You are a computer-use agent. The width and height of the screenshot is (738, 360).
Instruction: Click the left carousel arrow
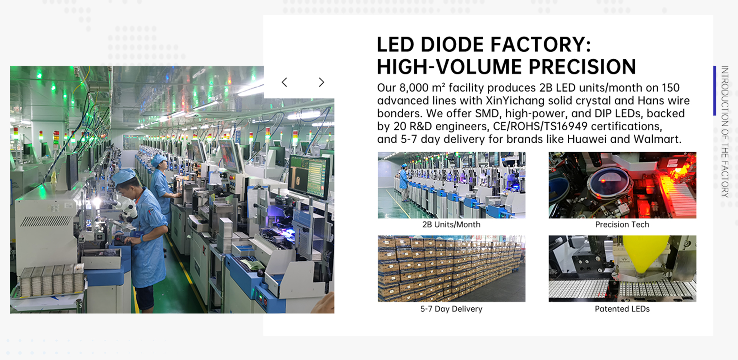284,82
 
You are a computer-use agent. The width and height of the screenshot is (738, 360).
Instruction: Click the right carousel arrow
321,82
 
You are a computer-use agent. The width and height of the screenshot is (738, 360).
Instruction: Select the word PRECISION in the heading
582,67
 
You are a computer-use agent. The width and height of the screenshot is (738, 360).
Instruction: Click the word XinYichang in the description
515,101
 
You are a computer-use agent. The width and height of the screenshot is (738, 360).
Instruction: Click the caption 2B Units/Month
451,225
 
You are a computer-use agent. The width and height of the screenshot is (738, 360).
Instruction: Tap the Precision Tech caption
622,225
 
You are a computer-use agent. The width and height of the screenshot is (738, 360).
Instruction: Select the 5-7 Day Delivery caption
451,309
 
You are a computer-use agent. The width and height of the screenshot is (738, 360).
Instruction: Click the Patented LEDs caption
622,309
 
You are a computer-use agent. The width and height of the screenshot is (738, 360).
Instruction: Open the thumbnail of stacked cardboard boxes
451,268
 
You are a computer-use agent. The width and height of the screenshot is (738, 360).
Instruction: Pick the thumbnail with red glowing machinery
622,185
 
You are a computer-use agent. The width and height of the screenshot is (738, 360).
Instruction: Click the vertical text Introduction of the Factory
725,132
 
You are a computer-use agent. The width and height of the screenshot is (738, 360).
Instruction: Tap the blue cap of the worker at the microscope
124,176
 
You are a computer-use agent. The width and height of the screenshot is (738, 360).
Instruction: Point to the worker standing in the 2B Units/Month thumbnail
404,182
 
